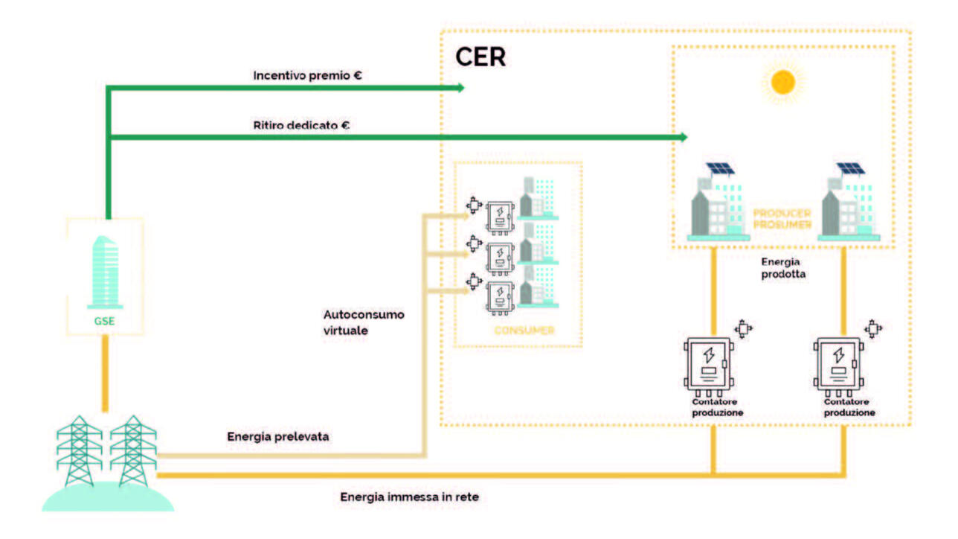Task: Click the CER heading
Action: click(480, 57)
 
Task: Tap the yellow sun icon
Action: click(783, 82)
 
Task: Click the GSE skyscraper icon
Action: click(105, 272)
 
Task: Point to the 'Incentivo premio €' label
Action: click(307, 75)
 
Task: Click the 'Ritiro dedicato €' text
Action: click(301, 125)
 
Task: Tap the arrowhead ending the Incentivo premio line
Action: click(460, 88)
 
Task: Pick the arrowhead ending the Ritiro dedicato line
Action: click(682, 137)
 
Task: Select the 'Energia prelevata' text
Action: click(277, 436)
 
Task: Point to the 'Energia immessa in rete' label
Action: click(414, 496)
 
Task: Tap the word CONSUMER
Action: click(524, 330)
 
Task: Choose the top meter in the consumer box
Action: click(500, 217)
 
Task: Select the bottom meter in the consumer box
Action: click(500, 296)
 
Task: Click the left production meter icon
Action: click(710, 366)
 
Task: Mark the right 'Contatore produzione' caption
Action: click(849, 406)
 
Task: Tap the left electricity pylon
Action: click(80, 450)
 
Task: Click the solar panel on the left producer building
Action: click(719, 169)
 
